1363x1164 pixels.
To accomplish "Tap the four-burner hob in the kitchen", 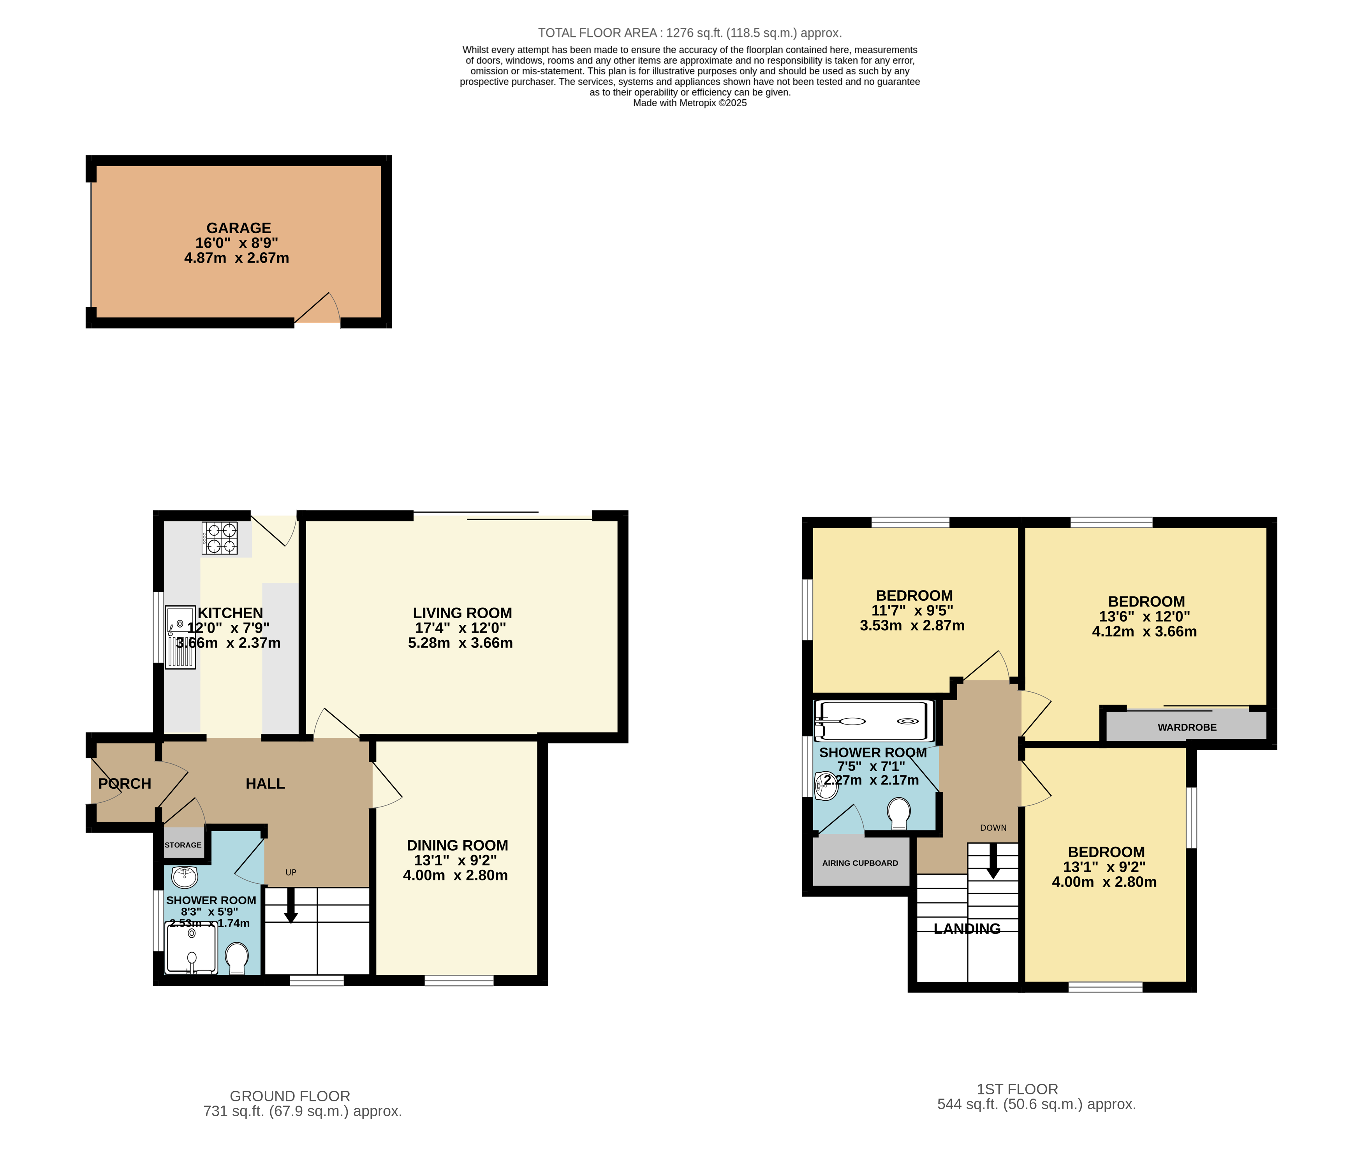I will pyautogui.click(x=220, y=538).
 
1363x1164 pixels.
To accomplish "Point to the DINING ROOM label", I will pyautogui.click(x=457, y=846).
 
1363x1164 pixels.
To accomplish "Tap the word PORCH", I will pyautogui.click(x=124, y=784).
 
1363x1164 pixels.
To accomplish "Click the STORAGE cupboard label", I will pyautogui.click(x=183, y=845).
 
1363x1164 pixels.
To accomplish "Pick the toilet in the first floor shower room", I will pyautogui.click(x=898, y=813).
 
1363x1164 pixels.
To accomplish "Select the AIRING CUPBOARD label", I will pyautogui.click(x=860, y=863).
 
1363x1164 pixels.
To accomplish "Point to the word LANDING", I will pyautogui.click(x=967, y=928).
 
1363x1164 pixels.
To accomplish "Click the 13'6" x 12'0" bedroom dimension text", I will pyautogui.click(x=1144, y=617).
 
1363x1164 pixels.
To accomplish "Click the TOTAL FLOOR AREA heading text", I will pyautogui.click(x=689, y=33).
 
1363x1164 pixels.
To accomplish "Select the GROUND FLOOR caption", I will pyautogui.click(x=289, y=1096).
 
